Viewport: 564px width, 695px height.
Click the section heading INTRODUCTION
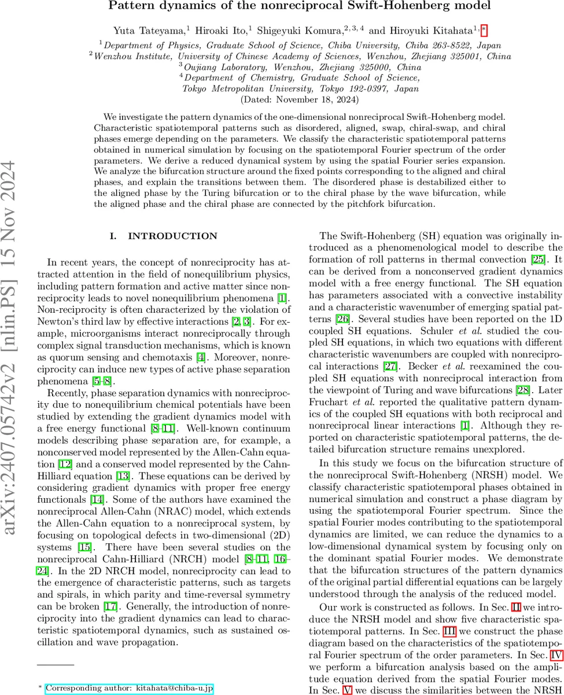[164, 236]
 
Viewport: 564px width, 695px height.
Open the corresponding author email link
[130, 672]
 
